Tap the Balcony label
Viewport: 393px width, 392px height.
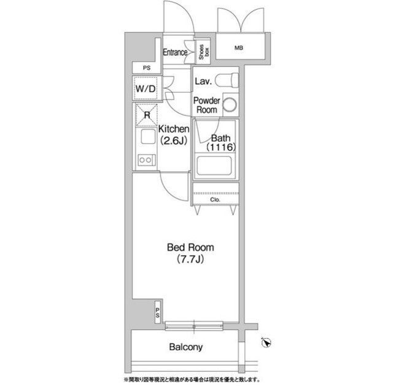(x=185, y=347)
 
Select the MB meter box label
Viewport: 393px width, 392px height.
(x=239, y=48)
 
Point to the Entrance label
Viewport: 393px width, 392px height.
(x=175, y=52)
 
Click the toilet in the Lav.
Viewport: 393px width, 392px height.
(x=227, y=80)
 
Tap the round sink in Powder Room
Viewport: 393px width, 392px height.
(x=230, y=104)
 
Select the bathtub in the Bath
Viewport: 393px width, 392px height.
(x=214, y=166)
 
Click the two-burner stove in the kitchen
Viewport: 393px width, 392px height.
(x=146, y=159)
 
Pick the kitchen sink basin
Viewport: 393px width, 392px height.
(x=148, y=137)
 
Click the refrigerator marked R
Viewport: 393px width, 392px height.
(x=147, y=115)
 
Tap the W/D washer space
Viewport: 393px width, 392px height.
(x=146, y=88)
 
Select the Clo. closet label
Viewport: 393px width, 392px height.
(x=216, y=200)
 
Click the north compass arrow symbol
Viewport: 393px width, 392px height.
(x=266, y=342)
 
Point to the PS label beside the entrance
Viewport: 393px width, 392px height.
(x=147, y=67)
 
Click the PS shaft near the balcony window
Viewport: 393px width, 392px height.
(x=158, y=312)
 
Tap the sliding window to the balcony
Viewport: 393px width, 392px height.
(x=194, y=326)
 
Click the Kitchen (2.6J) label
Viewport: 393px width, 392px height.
(x=174, y=135)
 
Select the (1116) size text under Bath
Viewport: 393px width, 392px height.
(x=221, y=147)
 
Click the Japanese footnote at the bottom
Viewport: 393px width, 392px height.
(x=192, y=380)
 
